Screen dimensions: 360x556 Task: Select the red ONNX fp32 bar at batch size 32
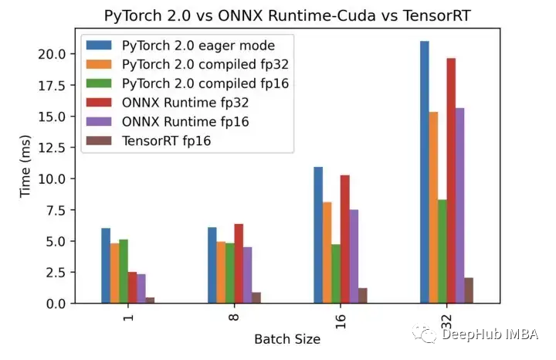[x=451, y=181]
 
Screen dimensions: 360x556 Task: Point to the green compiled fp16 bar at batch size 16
[x=337, y=273]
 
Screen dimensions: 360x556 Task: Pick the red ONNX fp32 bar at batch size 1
[x=132, y=287]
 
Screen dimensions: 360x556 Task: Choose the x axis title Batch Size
[x=287, y=338]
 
